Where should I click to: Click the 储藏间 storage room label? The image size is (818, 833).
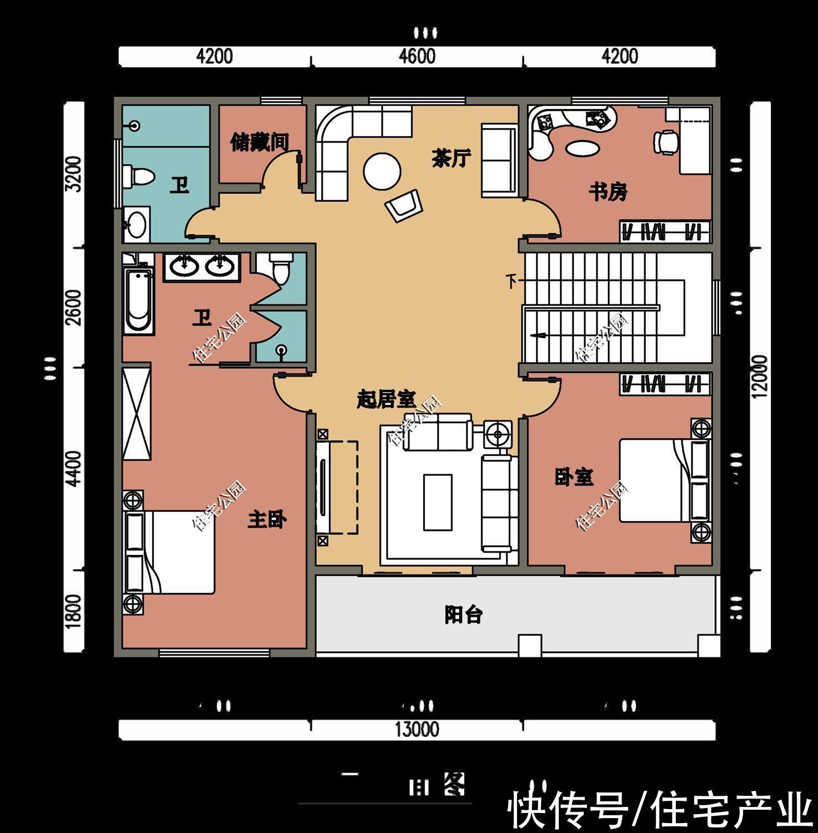[x=260, y=143]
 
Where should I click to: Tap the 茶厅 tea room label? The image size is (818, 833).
[x=451, y=159]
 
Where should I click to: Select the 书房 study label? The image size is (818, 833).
[x=608, y=193]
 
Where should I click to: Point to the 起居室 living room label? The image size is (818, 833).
[x=386, y=399]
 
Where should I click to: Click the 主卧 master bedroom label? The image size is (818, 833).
[x=267, y=520]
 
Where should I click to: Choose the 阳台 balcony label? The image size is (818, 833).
[x=463, y=615]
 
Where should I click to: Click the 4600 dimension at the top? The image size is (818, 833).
[x=416, y=57]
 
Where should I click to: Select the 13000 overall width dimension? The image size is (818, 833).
[x=416, y=729]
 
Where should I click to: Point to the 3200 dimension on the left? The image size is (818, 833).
[x=73, y=174]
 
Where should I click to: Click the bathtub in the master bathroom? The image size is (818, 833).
[x=138, y=300]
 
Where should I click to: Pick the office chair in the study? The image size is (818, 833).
[x=665, y=141]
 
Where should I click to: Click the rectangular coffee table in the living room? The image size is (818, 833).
[x=438, y=502]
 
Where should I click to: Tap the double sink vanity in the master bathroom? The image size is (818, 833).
[x=201, y=267]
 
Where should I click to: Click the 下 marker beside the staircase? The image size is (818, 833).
[x=511, y=281]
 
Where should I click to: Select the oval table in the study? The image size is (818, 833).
[x=582, y=149]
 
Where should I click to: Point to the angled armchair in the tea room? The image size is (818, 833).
[x=404, y=204]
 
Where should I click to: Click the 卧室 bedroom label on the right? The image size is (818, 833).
[x=574, y=476]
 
